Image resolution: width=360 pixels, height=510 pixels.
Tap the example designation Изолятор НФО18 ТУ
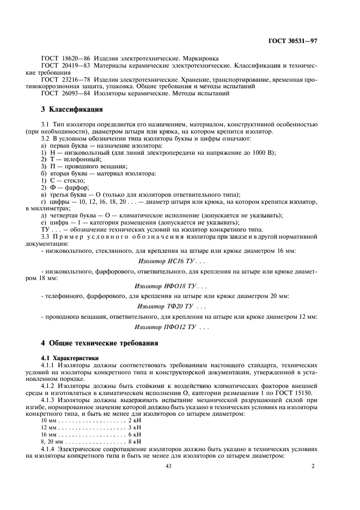click(x=170, y=286)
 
